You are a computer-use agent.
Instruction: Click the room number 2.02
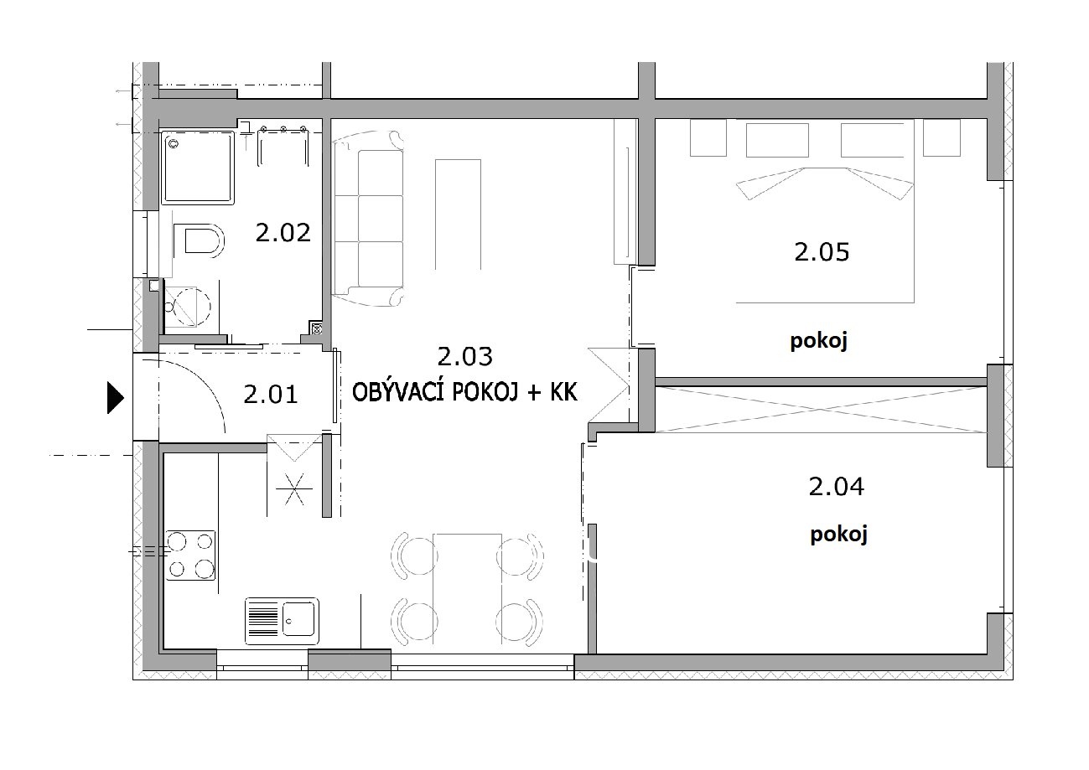(x=283, y=233)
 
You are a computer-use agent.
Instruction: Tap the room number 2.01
(x=271, y=394)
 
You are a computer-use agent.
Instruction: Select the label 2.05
(x=822, y=252)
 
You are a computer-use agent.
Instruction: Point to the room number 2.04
(x=836, y=487)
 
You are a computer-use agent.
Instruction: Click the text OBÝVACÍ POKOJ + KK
(x=464, y=392)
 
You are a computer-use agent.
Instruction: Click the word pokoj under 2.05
(x=819, y=341)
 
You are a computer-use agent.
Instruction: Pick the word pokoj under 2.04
(x=838, y=535)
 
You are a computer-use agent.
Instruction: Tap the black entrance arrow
(x=115, y=398)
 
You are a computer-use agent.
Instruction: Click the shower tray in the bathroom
(x=198, y=168)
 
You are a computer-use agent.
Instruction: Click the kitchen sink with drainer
(x=282, y=621)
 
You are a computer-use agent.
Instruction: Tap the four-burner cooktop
(x=190, y=556)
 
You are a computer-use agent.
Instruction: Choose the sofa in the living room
(x=368, y=219)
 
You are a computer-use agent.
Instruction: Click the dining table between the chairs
(x=467, y=589)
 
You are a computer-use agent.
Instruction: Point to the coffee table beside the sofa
(x=458, y=214)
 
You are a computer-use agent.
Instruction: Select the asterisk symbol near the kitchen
(x=294, y=488)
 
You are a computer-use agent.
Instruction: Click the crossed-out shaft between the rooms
(x=821, y=409)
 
